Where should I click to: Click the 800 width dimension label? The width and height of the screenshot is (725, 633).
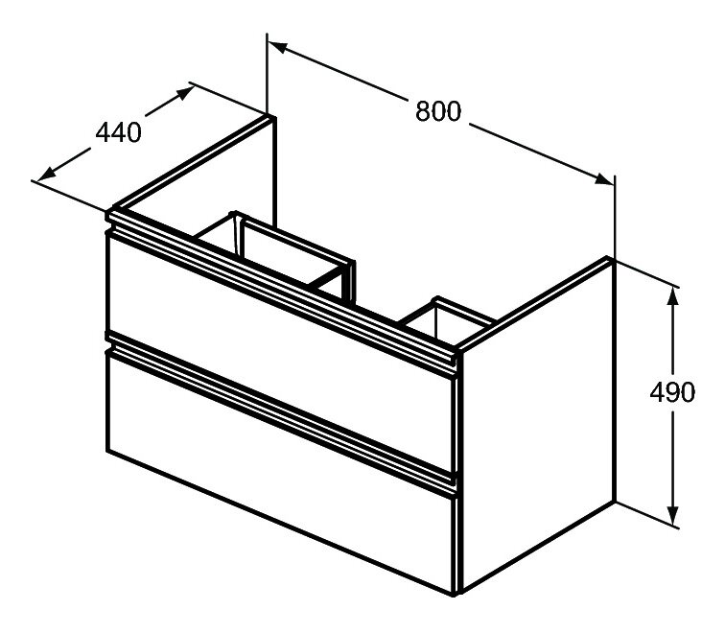click(438, 111)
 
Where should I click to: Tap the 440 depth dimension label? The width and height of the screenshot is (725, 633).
click(118, 132)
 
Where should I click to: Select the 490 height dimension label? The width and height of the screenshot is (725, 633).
click(672, 392)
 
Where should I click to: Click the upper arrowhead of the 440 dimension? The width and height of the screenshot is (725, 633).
click(185, 92)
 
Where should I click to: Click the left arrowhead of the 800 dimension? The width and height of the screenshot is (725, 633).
click(278, 47)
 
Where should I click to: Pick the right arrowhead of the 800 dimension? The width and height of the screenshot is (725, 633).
click(604, 179)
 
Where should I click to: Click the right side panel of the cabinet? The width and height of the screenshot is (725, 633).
click(536, 426)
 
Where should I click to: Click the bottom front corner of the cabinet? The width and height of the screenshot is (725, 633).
click(456, 594)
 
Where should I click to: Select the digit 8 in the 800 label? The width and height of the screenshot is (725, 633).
click(423, 111)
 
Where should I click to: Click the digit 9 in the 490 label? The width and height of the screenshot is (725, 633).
click(673, 392)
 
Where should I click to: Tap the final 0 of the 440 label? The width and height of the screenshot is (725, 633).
click(133, 132)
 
